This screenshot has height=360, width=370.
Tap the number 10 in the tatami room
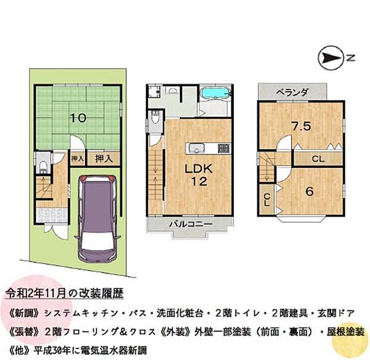click(76, 117)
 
